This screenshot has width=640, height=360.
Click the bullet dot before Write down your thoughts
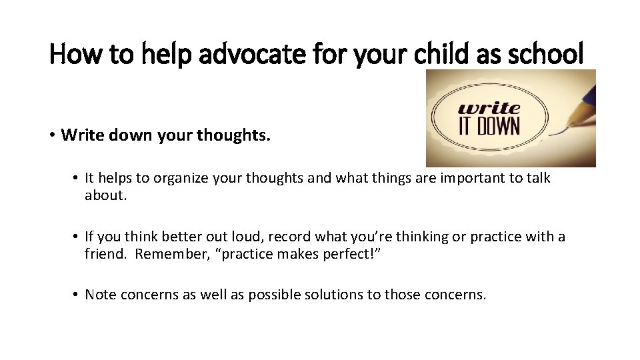pos(52,135)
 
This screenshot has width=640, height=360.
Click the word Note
pos(100,295)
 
